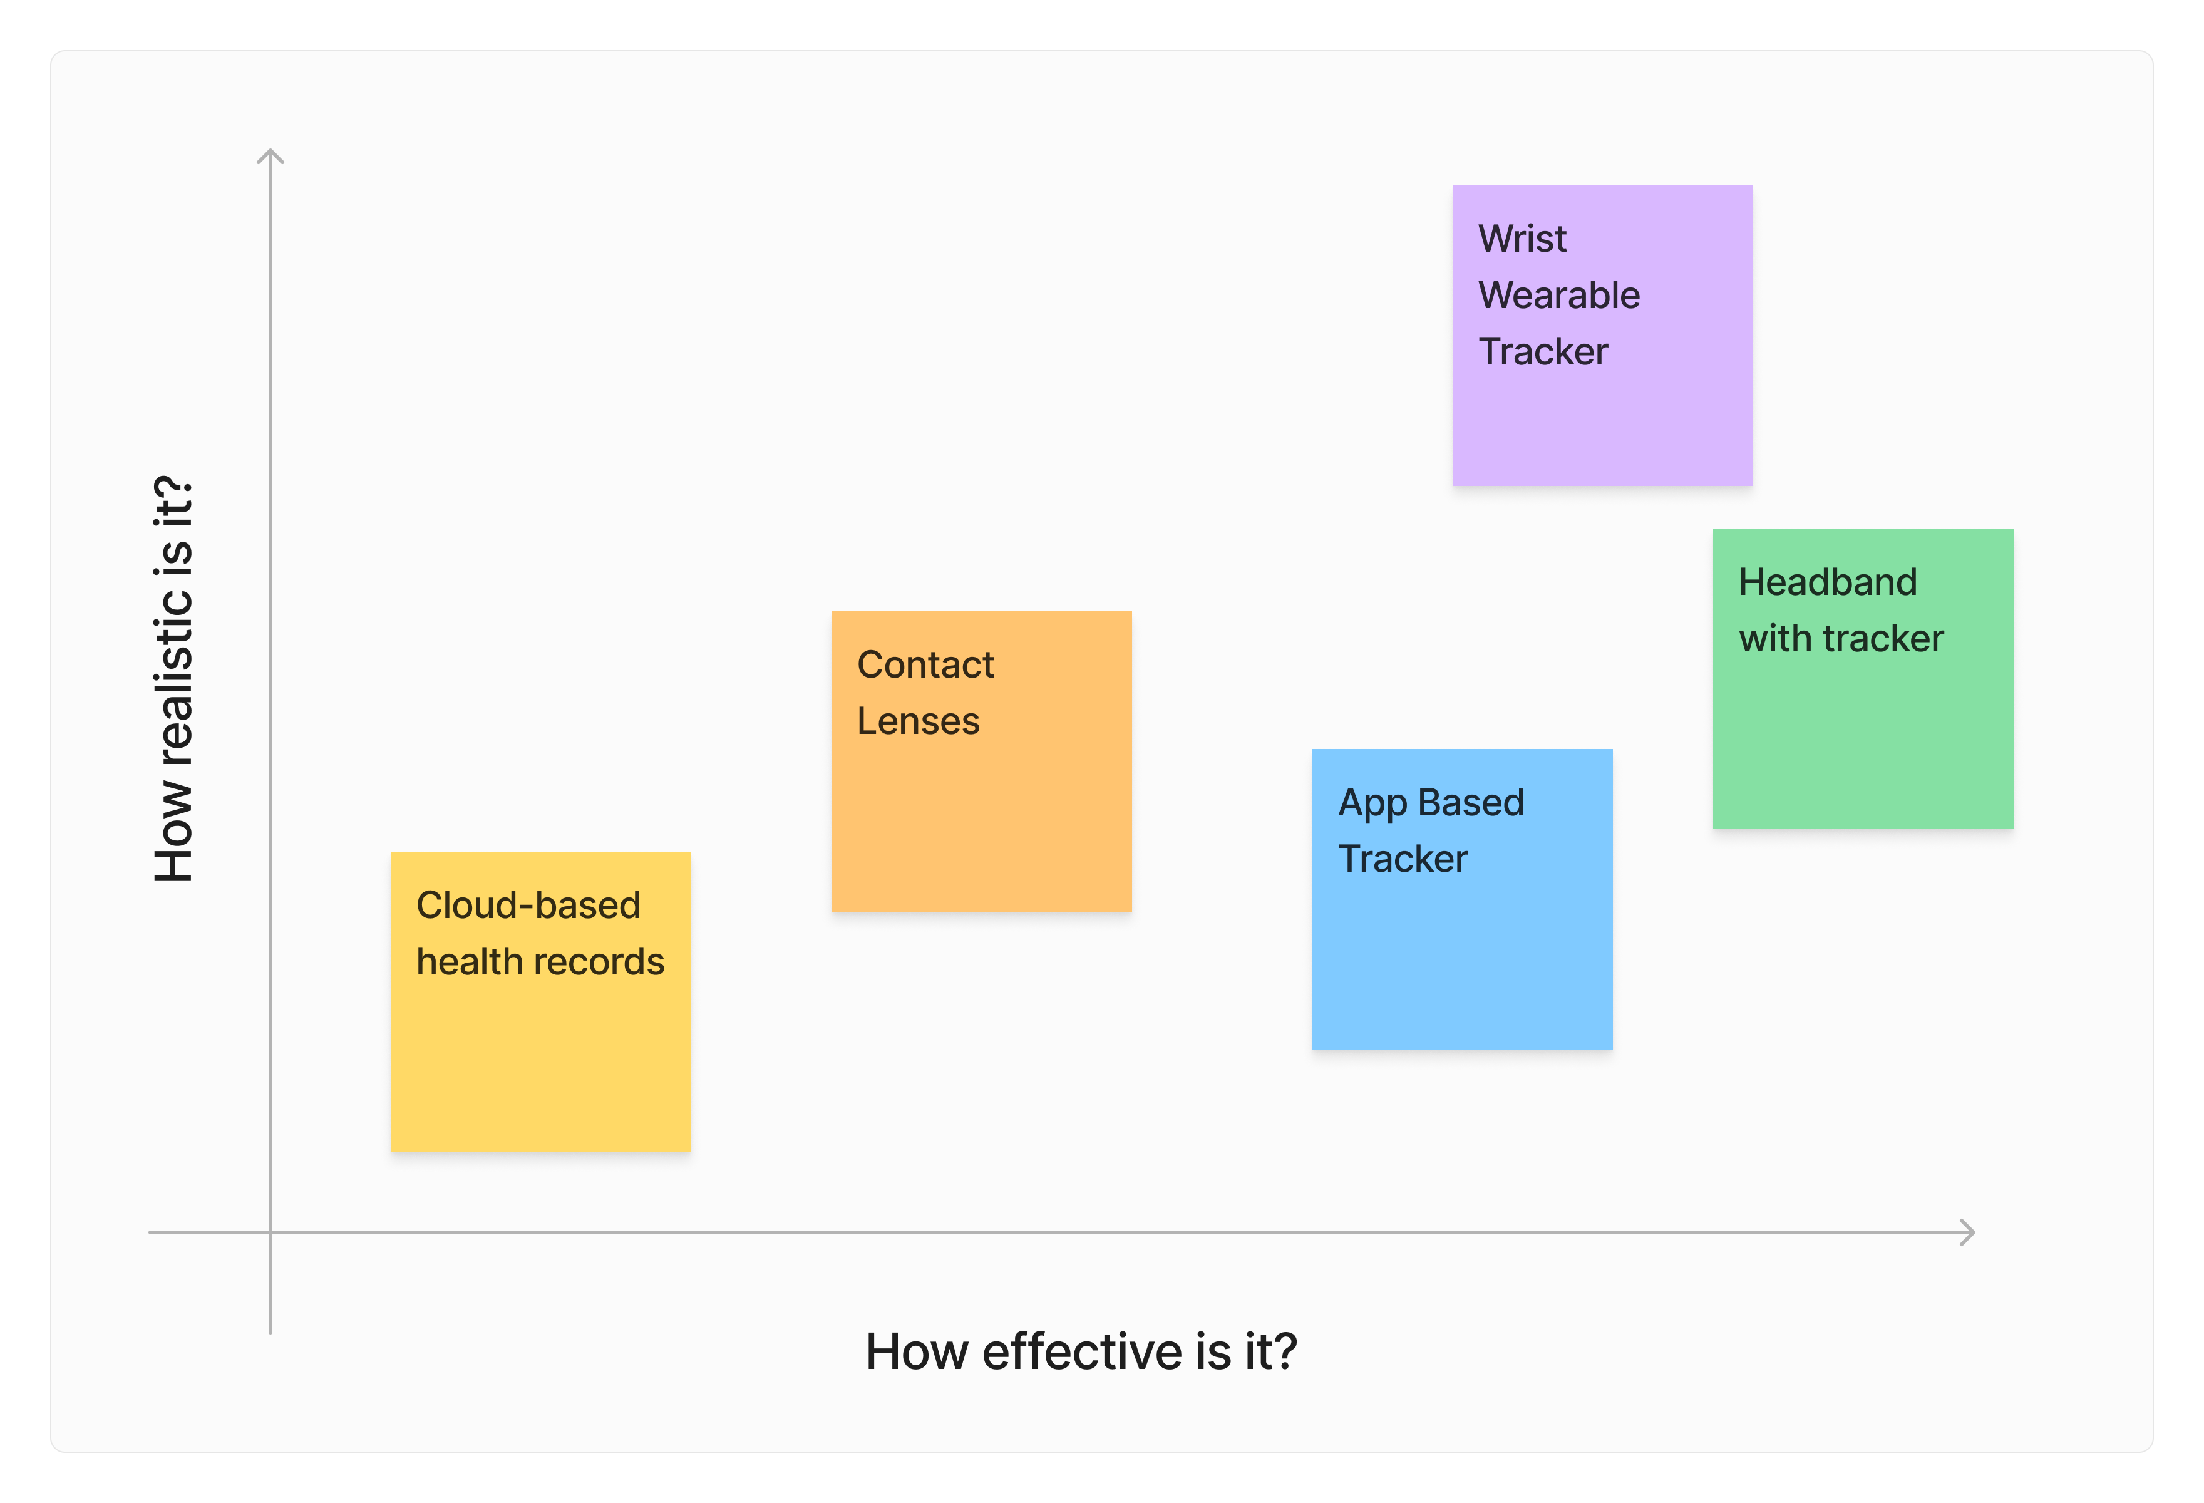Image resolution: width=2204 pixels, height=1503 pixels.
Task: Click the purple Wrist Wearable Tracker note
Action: (1602, 336)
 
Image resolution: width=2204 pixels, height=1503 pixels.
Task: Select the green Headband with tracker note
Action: (1863, 679)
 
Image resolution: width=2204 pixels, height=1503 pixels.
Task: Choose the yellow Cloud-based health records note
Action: (540, 1003)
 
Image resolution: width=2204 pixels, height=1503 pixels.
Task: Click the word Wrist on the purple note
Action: (1522, 239)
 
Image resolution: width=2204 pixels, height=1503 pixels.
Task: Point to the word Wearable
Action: (1559, 296)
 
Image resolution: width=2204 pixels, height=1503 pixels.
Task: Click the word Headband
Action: (1828, 582)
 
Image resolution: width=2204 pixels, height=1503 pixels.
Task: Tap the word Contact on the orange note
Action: (925, 664)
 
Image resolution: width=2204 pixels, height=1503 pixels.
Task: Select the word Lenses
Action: (918, 721)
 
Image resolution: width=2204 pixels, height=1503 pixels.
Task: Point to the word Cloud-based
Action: (528, 906)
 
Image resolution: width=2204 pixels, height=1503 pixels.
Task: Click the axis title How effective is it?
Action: (1081, 1351)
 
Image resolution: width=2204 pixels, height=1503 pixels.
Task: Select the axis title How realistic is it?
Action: (173, 679)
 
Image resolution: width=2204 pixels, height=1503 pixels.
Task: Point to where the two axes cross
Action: (270, 1232)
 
